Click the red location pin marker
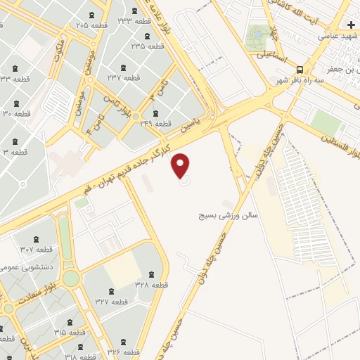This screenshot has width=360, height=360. pyautogui.click(x=181, y=165)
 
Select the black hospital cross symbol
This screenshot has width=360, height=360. pyautogui.click(x=351, y=25)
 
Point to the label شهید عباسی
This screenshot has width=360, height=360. pyautogui.click(x=337, y=34)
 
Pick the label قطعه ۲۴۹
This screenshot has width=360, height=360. pyautogui.click(x=155, y=124)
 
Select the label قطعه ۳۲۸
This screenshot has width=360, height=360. pyautogui.click(x=150, y=284)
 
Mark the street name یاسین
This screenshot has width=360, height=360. pyautogui.click(x=189, y=124)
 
